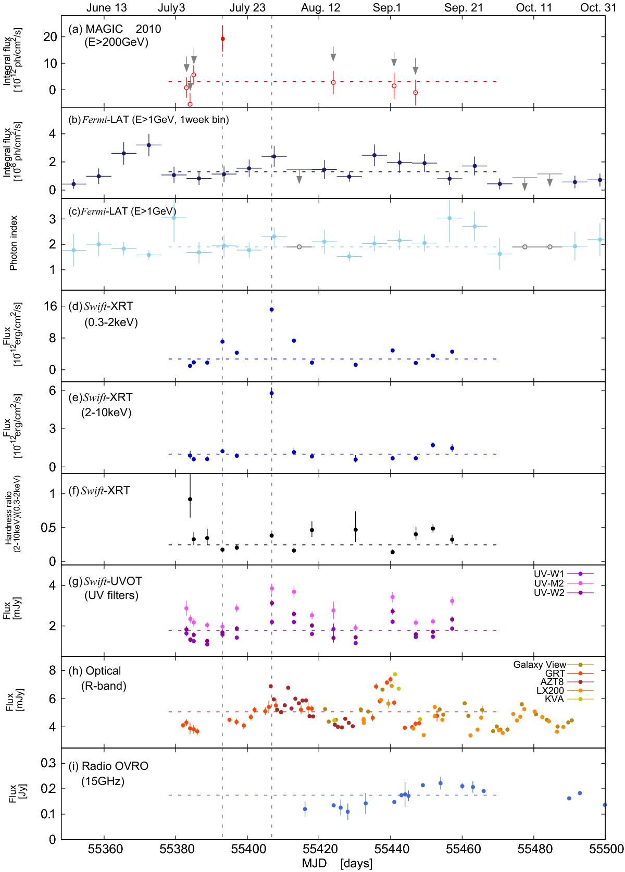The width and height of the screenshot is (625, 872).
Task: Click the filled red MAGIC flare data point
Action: [222, 39]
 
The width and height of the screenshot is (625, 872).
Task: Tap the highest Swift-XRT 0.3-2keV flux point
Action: [271, 309]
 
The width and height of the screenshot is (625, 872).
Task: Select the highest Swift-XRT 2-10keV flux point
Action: [271, 393]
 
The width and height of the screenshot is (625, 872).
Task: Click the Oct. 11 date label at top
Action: [534, 8]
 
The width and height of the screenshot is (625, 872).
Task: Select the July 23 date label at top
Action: [247, 8]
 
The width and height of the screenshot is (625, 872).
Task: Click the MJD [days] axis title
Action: [337, 863]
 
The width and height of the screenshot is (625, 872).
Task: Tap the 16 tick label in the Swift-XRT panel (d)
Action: [50, 306]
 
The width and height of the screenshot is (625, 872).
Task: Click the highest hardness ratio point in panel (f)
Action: [190, 499]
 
